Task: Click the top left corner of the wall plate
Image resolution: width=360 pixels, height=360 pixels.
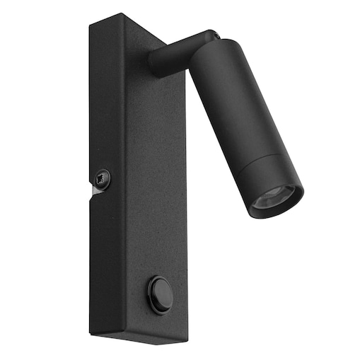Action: pyautogui.click(x=90, y=27)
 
